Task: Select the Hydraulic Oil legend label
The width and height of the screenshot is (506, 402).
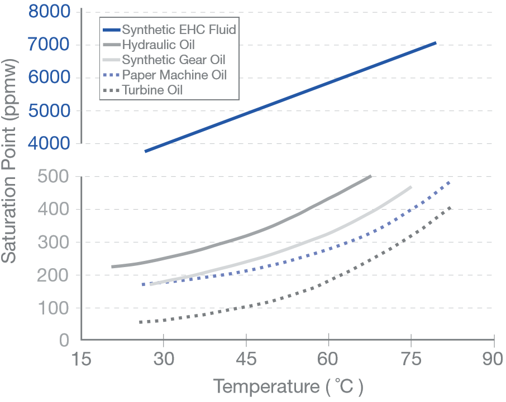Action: tap(158, 44)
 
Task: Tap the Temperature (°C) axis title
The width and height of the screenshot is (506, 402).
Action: tap(288, 386)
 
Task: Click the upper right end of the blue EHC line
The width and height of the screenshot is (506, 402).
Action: tap(435, 42)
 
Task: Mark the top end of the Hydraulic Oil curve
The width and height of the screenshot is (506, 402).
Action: tap(371, 176)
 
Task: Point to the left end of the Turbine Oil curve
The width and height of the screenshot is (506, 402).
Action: tap(140, 322)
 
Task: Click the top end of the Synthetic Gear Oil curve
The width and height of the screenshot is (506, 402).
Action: tap(411, 187)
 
